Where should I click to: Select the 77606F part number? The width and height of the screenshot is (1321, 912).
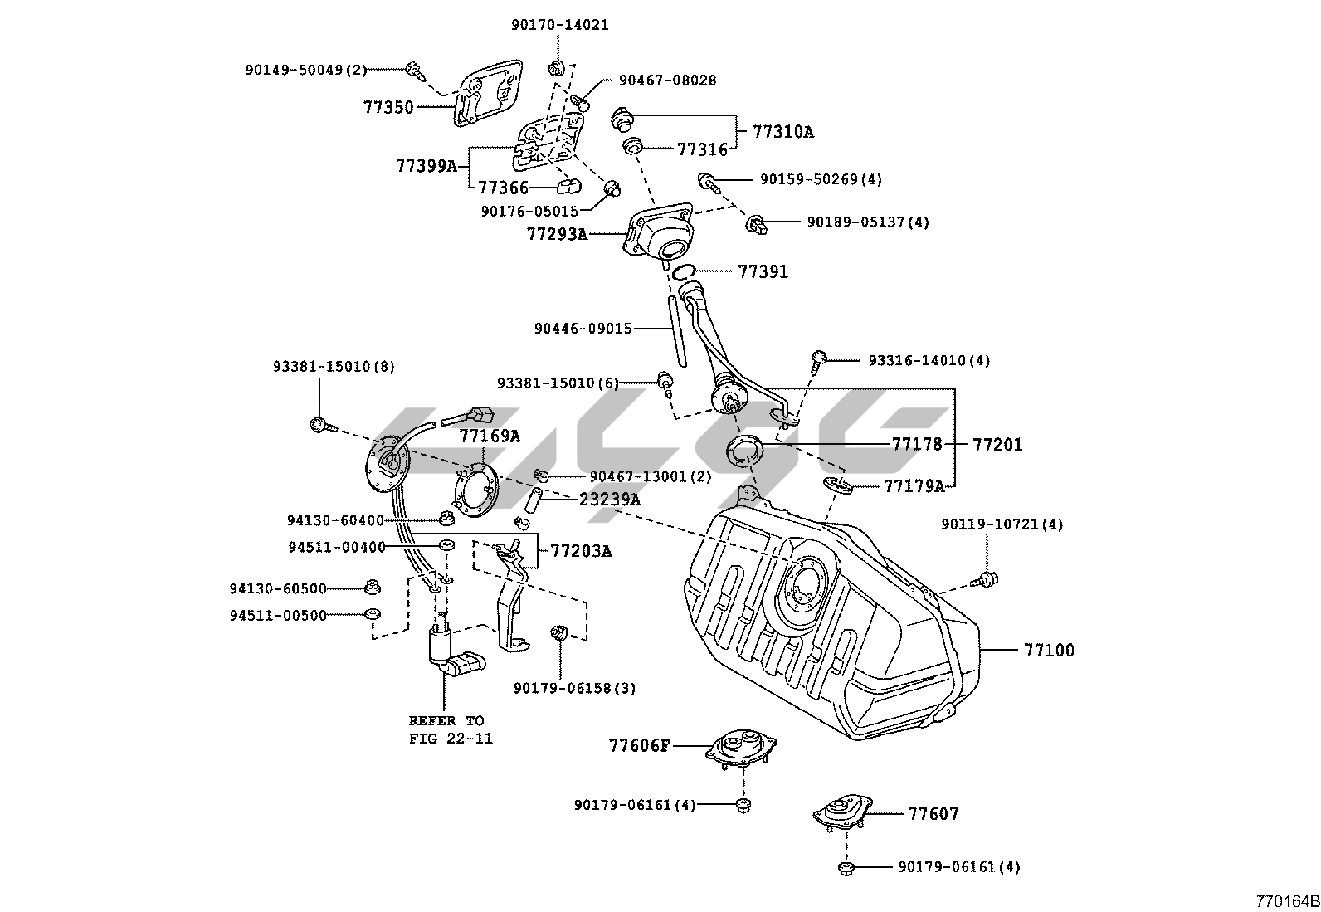[x=639, y=746]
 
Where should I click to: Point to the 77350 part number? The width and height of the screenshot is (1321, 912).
[x=388, y=107]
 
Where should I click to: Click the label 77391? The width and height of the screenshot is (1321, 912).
[x=763, y=272]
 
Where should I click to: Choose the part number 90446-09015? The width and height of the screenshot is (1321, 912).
[x=583, y=329]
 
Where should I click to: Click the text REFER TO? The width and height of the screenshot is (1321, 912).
[x=446, y=720]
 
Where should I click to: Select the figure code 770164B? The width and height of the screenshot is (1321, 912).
[x=1286, y=900]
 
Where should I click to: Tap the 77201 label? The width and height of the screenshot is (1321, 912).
[x=997, y=445]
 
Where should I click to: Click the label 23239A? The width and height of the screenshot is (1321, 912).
[x=610, y=500]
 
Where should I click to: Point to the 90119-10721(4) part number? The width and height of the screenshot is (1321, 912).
[x=1002, y=524]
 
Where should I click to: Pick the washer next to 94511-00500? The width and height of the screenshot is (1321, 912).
[x=373, y=615]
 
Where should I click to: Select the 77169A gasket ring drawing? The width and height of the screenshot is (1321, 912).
[x=475, y=489]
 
